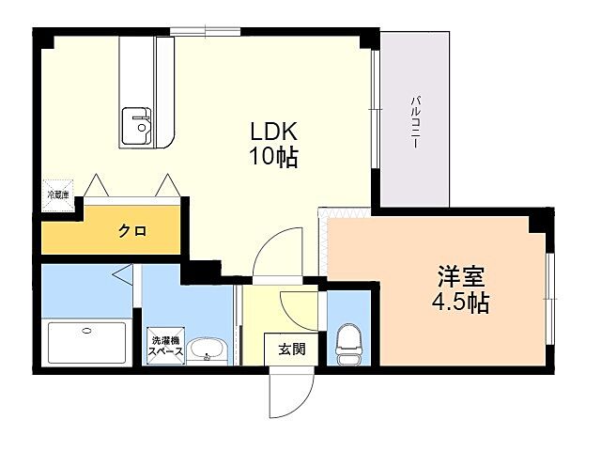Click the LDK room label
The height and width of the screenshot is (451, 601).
coord(272,132)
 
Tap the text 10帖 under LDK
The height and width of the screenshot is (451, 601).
coord(272,157)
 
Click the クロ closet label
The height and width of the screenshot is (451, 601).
coord(131,231)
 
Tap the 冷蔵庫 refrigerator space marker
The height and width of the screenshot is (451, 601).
coord(58,194)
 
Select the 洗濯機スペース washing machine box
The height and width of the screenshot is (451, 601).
coord(163,345)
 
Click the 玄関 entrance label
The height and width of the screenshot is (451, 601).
coord(290,349)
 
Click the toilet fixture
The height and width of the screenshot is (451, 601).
coord(347,344)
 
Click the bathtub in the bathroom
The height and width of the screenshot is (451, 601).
coord(85,343)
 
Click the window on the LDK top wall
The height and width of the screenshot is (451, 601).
coord(206,33)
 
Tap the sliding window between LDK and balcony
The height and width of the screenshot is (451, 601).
coord(377,122)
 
